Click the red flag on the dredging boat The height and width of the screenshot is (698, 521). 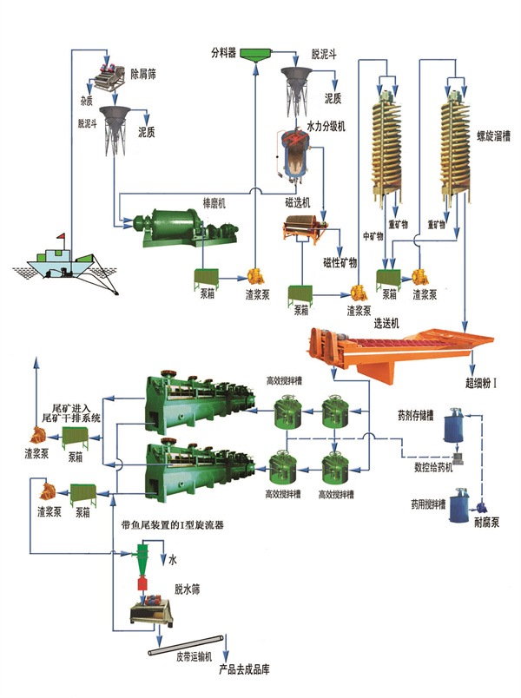click(x=61, y=233)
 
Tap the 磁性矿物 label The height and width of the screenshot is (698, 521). click(x=340, y=263)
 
